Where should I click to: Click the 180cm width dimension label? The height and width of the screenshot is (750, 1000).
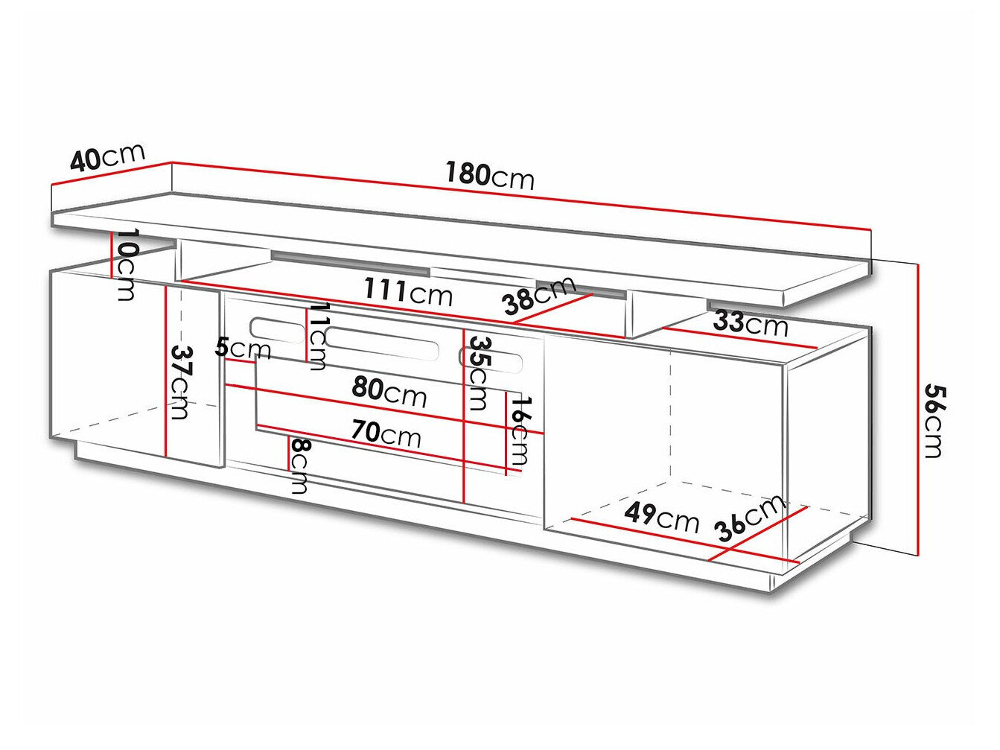pyautogui.click(x=490, y=176)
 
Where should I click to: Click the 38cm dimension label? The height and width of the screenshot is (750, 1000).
pyautogui.click(x=539, y=295)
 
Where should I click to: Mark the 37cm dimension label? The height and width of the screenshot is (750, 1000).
pyautogui.click(x=179, y=381)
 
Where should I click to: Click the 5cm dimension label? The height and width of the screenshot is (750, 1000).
pyautogui.click(x=242, y=347)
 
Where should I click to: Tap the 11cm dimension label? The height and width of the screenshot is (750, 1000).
pyautogui.click(x=318, y=336)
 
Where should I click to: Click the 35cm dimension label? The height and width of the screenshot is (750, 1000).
pyautogui.click(x=477, y=373)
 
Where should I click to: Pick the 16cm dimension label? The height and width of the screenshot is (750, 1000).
pyautogui.click(x=520, y=430)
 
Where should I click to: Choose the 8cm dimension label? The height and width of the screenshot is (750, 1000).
pyautogui.click(x=299, y=465)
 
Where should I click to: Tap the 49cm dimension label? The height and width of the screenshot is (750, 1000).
pyautogui.click(x=661, y=516)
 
